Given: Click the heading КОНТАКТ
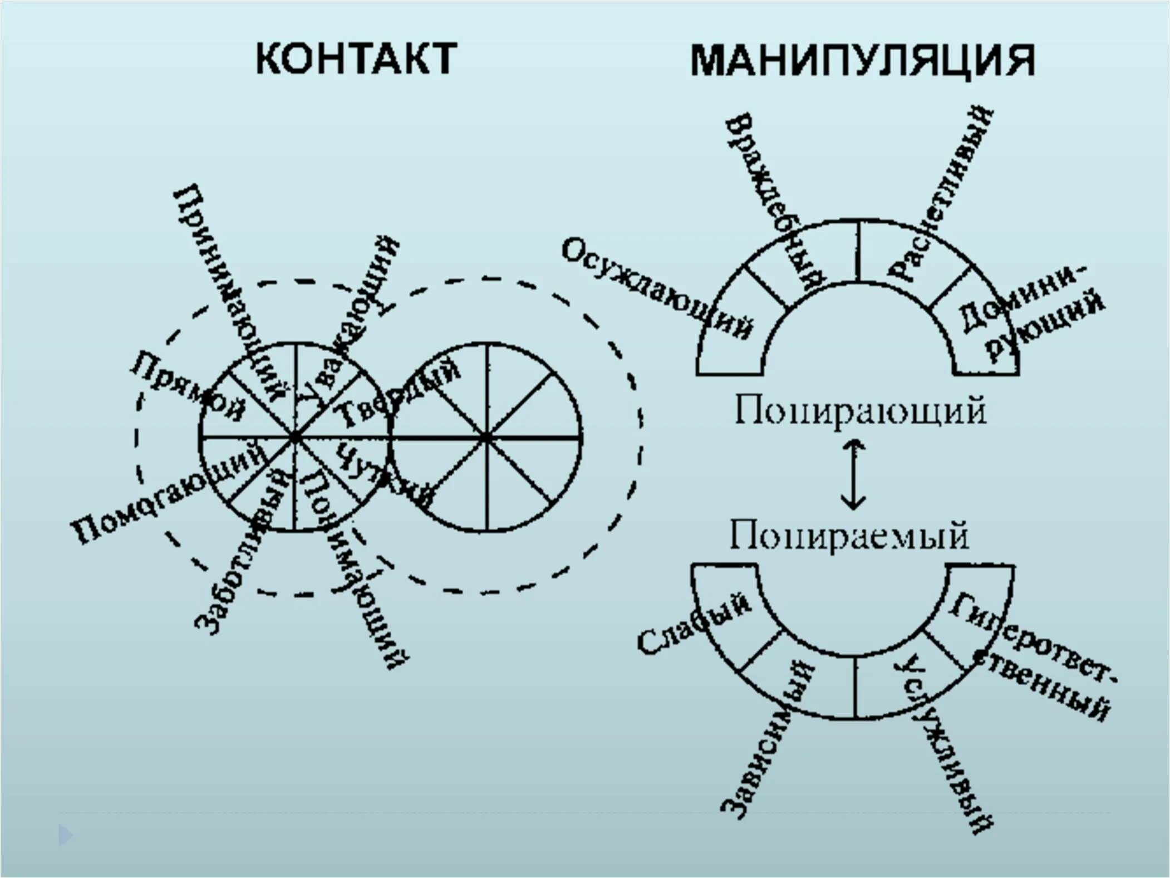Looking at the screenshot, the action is pos(356,58).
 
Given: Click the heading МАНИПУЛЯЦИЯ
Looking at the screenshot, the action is pos(862,60).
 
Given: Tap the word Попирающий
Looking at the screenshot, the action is pos(860,411).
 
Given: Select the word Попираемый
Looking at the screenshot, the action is pos(849,536).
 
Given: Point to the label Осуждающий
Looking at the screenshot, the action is pos(657,290).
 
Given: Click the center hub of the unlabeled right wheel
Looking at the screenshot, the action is pos(486,438).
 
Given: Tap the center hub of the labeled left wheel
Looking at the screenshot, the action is pos(294,438).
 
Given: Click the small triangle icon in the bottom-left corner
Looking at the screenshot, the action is pos(65,835).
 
